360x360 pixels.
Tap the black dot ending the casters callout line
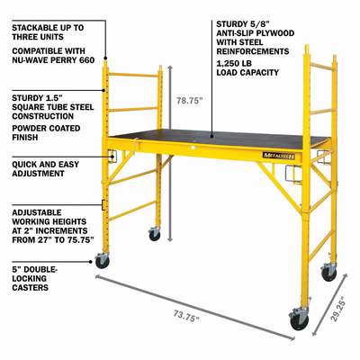[93, 262]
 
